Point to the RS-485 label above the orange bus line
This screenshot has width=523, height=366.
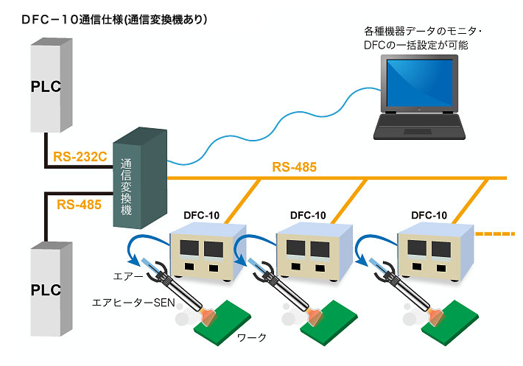click(294, 167)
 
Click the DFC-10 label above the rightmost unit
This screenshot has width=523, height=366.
click(429, 215)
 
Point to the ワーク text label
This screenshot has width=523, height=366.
click(251, 337)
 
